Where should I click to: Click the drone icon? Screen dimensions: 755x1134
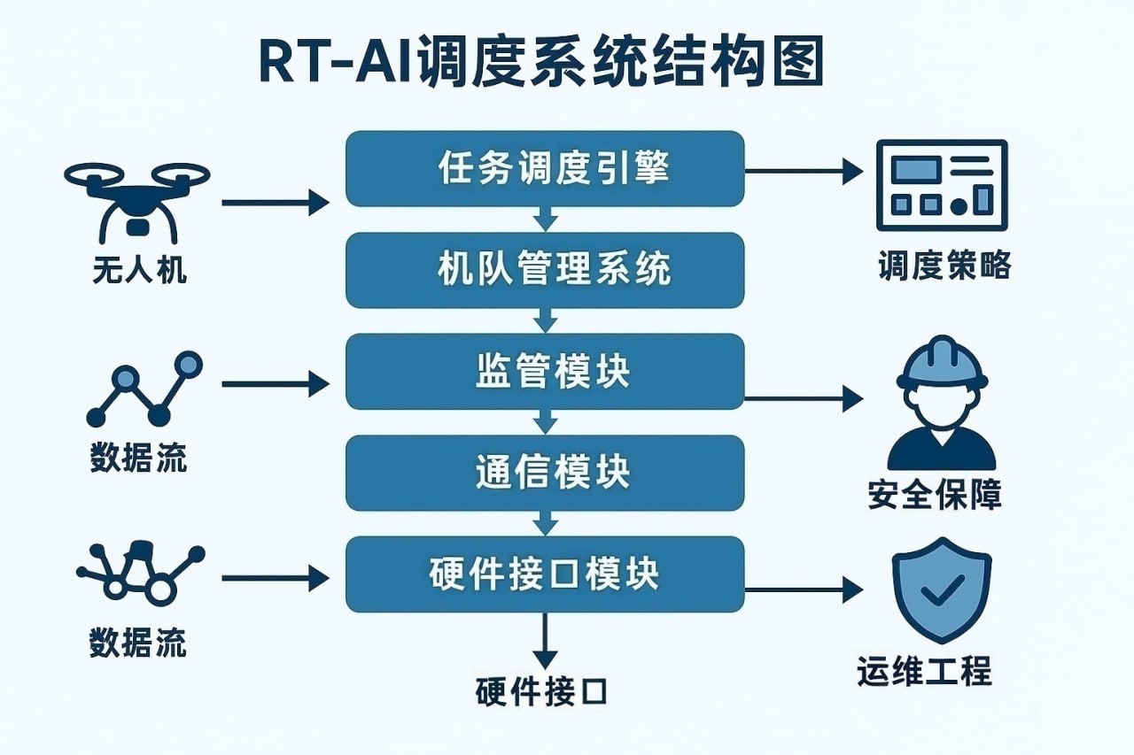(x=136, y=198)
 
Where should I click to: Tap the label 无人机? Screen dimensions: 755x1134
(x=139, y=269)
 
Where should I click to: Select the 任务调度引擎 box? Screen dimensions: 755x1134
(x=544, y=168)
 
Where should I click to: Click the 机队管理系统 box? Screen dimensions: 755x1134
(x=544, y=269)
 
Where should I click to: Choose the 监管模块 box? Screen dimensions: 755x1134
(x=544, y=371)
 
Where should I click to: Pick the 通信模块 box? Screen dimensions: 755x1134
(x=544, y=472)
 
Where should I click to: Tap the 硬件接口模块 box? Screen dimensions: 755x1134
(x=544, y=574)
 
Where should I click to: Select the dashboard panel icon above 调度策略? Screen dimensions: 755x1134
(x=941, y=185)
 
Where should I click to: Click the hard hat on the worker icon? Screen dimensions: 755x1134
(x=941, y=366)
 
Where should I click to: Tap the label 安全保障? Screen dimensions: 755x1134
(x=935, y=495)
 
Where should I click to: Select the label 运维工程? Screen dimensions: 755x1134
(x=924, y=672)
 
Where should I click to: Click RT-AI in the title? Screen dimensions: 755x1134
(x=324, y=63)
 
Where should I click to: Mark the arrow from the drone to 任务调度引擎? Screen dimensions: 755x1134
(x=275, y=203)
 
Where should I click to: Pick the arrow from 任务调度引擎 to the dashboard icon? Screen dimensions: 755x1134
(x=802, y=170)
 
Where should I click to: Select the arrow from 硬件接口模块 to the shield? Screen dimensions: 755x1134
(x=802, y=589)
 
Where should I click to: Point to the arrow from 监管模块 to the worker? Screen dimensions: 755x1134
(x=802, y=398)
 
